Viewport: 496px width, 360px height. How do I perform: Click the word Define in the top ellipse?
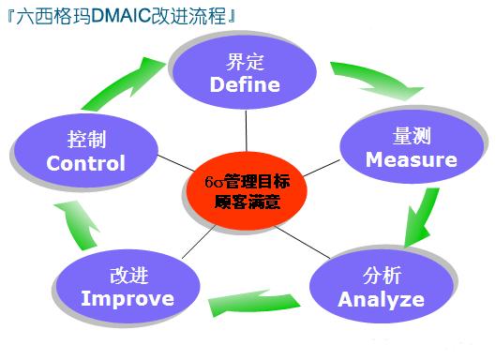tap(245, 85)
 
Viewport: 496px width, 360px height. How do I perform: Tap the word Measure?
tap(411, 159)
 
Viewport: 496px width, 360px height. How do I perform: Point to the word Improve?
tap(128, 299)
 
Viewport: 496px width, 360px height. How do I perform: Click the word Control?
tap(85, 164)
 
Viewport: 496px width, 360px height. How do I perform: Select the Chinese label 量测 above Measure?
tap(411, 137)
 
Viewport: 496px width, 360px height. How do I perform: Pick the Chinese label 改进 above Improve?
tap(128, 277)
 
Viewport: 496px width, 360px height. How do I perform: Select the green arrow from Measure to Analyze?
tap(422, 215)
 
